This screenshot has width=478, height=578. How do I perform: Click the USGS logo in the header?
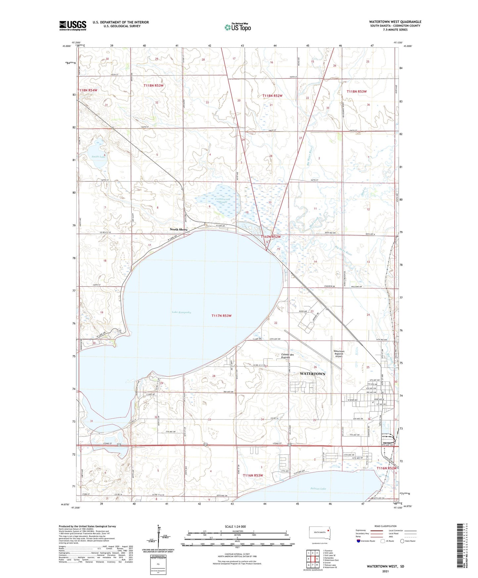[x=73, y=25]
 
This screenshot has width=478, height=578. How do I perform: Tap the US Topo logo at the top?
[x=237, y=27]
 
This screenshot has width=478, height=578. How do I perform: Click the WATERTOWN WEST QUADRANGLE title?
[x=395, y=22]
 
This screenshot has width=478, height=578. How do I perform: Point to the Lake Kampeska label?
[x=181, y=312]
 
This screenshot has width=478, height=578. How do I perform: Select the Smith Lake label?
[x=99, y=157]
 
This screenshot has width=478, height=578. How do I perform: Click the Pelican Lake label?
[x=318, y=489]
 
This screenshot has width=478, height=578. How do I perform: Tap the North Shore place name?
[x=179, y=229]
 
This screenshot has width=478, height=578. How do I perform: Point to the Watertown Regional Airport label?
[x=339, y=354]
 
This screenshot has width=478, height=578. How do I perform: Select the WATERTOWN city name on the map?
[x=312, y=374]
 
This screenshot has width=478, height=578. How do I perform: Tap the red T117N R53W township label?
[x=221, y=316]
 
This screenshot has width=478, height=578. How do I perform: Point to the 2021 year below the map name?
[x=385, y=571]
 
